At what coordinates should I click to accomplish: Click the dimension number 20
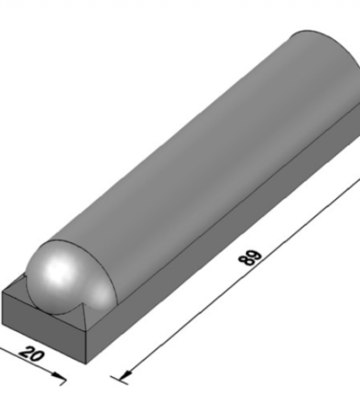coord(31,354)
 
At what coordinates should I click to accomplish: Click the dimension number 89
coord(250,257)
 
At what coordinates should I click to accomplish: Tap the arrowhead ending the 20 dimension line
coord(58,375)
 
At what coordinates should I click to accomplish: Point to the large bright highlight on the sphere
coord(57,271)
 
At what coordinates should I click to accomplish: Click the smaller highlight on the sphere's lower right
coord(101,295)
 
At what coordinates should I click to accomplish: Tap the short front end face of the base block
coord(43,327)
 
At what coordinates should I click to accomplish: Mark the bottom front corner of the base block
coord(86,364)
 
